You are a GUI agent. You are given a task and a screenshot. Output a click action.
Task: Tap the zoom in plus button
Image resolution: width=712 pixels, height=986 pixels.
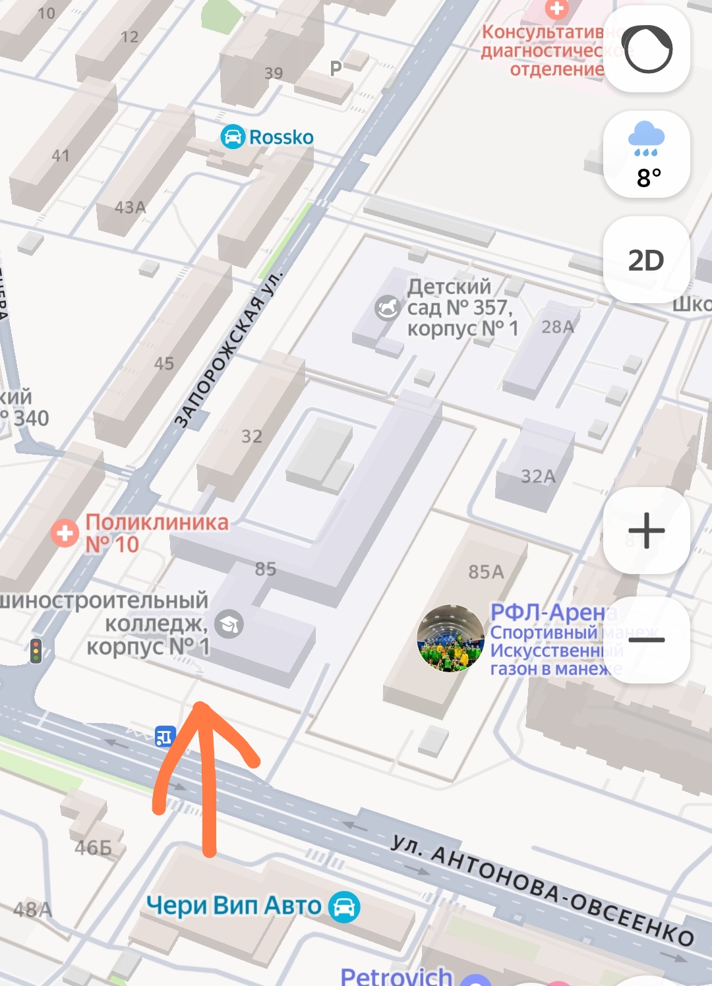(646, 531)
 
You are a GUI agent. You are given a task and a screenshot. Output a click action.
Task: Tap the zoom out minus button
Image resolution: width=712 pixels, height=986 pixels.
(646, 639)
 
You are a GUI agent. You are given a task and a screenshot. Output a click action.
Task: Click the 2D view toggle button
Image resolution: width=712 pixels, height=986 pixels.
(646, 260)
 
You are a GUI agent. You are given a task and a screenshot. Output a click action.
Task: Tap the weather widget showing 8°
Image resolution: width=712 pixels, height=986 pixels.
(646, 155)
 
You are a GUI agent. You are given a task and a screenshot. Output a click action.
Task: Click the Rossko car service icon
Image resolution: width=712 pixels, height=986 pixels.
(232, 137)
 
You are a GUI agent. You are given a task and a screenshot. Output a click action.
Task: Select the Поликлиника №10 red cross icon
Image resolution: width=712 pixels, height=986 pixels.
(65, 533)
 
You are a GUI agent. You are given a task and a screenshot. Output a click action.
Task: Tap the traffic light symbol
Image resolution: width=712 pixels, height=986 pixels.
(36, 651)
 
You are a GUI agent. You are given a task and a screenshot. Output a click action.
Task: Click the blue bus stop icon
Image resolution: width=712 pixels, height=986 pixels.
(164, 736)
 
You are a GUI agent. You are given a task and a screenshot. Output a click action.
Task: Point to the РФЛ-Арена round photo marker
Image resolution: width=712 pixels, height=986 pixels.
(450, 638)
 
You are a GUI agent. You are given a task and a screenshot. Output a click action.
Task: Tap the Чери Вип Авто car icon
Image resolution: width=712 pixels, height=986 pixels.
(344, 907)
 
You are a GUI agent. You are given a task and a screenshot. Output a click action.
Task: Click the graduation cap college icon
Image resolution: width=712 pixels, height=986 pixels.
(229, 623)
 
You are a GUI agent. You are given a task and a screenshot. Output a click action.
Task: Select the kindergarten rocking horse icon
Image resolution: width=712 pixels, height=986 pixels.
(388, 307)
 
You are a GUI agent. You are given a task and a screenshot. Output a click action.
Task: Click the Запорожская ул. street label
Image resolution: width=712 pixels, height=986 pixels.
(227, 349)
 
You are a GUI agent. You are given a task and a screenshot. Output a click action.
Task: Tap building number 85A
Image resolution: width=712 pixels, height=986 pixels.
(486, 571)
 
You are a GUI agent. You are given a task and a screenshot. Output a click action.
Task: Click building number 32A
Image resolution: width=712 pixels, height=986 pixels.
(538, 476)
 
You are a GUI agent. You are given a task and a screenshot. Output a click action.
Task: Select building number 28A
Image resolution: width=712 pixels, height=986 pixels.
(558, 327)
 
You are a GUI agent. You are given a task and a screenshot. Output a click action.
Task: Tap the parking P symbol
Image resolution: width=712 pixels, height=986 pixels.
(336, 68)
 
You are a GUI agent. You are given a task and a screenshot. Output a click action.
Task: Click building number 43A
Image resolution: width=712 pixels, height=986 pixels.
(131, 208)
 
